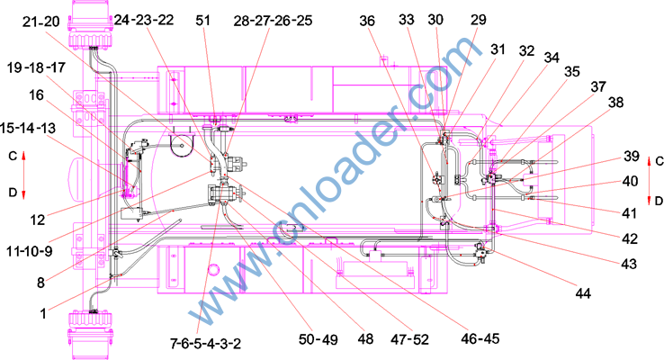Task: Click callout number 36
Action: click(367, 21)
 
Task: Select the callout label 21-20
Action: click(41, 22)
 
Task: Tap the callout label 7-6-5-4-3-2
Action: click(205, 343)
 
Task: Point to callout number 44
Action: click(583, 293)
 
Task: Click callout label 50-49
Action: click(319, 339)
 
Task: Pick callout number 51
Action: click(202, 21)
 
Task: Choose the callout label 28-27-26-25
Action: click(274, 21)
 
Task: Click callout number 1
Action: click(43, 313)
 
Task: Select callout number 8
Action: click(40, 283)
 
